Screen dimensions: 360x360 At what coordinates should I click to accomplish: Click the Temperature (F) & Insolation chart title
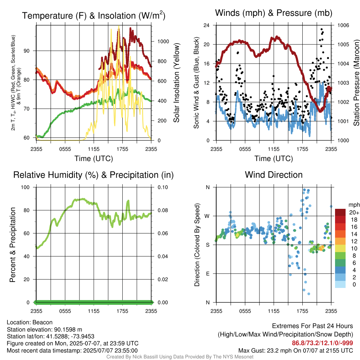[x=94, y=15]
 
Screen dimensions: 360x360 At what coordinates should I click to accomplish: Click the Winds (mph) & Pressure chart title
[x=274, y=13]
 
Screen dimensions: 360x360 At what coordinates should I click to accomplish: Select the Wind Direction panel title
[x=274, y=175]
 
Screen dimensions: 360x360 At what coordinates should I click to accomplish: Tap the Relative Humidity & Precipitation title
[x=94, y=175]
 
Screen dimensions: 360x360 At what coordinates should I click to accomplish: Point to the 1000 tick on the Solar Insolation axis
[x=163, y=41]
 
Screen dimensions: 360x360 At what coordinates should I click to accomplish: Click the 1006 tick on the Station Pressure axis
[x=343, y=25]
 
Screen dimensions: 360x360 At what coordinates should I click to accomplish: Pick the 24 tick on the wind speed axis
[x=206, y=25]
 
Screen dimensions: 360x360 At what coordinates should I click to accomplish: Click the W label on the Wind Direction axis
[x=207, y=216]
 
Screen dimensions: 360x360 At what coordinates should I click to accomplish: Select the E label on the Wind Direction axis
[x=207, y=274]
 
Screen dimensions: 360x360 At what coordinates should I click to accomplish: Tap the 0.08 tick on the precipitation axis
[x=163, y=210]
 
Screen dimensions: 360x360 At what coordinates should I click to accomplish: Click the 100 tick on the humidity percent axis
[x=25, y=187]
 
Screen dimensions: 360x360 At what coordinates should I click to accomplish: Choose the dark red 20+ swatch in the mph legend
[x=340, y=212]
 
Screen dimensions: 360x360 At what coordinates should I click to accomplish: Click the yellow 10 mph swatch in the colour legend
[x=340, y=249]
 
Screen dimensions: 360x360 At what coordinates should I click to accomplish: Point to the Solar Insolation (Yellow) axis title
[x=176, y=83]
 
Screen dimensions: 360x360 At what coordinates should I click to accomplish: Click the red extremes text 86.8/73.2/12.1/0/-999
[x=322, y=343]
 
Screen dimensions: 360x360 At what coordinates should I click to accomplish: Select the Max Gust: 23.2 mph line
[x=295, y=351]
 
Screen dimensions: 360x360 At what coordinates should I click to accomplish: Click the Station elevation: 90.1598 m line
[x=44, y=329]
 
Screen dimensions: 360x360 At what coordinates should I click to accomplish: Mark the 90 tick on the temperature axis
[x=27, y=51]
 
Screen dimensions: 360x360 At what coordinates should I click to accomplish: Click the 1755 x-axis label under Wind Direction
[x=302, y=311]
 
